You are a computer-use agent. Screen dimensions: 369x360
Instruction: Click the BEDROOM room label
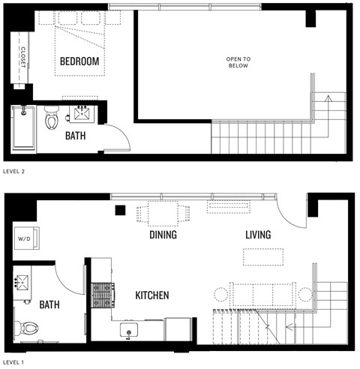pyautogui.click(x=79, y=61)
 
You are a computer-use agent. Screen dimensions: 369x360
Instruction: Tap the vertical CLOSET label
pyautogui.click(x=22, y=57)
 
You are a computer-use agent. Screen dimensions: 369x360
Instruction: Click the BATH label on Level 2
pyautogui.click(x=75, y=136)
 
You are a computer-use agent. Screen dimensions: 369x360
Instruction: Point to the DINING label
pyautogui.click(x=163, y=235)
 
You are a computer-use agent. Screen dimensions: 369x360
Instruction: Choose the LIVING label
pyautogui.click(x=257, y=235)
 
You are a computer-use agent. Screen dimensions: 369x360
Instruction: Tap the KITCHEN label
pyautogui.click(x=151, y=295)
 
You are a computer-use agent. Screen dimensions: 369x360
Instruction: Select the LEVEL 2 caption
pyautogui.click(x=15, y=171)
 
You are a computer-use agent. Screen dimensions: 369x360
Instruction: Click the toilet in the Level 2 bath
pyautogui.click(x=52, y=118)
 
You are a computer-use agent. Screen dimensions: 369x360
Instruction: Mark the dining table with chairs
pyautogui.click(x=164, y=214)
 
